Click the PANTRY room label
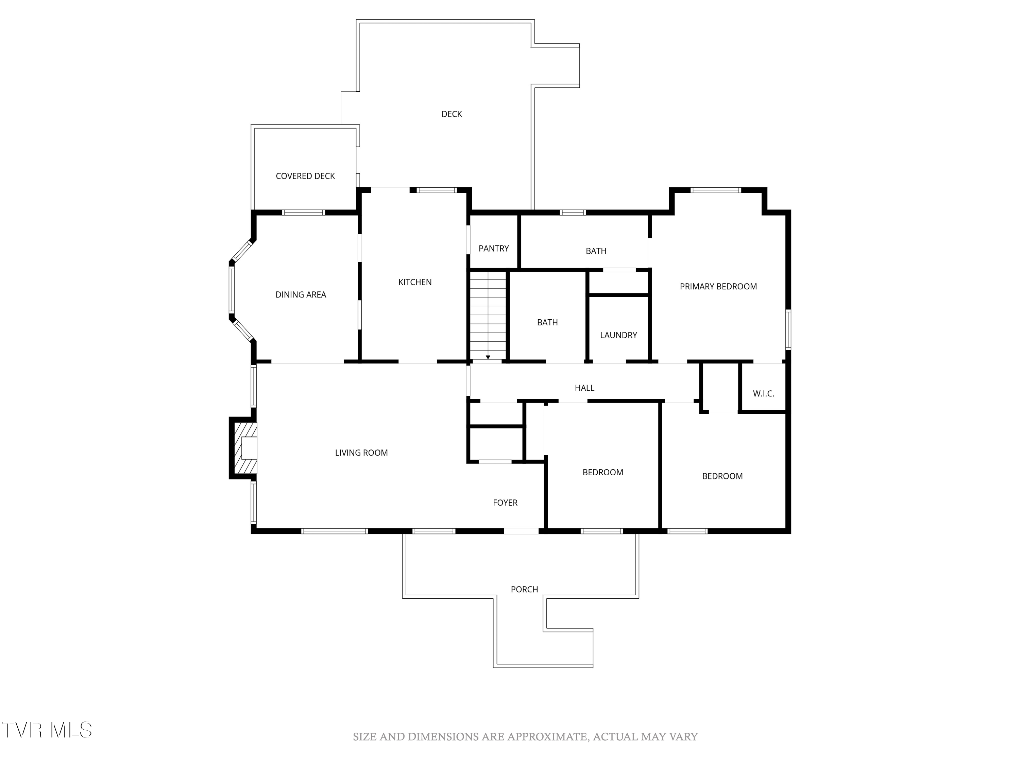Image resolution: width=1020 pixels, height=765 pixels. (x=493, y=249)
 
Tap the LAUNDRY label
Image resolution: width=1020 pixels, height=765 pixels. (x=618, y=335)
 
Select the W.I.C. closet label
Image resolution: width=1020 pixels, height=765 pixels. (x=763, y=394)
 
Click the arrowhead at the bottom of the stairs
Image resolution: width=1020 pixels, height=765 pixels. (x=488, y=357)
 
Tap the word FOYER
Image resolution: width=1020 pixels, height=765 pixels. (x=505, y=503)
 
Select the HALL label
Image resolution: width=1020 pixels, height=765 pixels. (x=584, y=388)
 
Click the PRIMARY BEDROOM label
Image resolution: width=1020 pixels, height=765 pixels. (x=718, y=286)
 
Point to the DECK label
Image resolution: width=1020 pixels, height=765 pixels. (x=452, y=114)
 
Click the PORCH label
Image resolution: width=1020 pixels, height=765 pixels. (x=524, y=589)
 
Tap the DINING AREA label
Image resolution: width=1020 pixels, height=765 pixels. (x=301, y=295)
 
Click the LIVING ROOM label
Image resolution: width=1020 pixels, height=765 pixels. (x=361, y=453)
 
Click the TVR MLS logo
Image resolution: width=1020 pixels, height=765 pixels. (x=46, y=730)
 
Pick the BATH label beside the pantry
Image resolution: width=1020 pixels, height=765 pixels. (x=596, y=251)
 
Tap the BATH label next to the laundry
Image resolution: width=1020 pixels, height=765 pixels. (x=547, y=323)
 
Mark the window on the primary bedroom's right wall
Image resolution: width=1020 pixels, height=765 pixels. (x=788, y=330)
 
